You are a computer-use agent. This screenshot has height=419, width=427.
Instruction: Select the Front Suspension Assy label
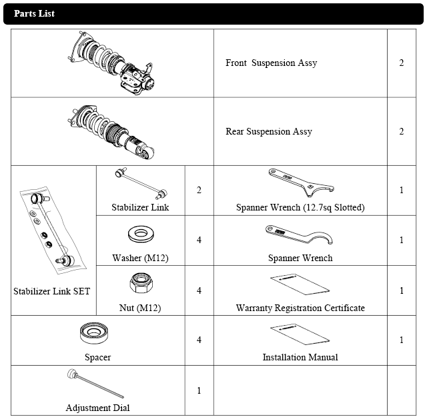271,63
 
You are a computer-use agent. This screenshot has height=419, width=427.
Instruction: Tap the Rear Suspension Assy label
268,132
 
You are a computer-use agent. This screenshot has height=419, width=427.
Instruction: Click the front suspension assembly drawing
116,64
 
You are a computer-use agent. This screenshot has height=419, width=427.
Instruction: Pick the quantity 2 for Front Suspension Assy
402,63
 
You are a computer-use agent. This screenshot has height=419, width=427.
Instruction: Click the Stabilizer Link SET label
52,291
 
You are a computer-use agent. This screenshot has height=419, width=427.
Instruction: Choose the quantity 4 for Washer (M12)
199,240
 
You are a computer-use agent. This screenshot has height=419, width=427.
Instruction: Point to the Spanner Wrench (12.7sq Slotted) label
300,207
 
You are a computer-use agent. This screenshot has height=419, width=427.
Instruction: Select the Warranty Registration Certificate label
300,308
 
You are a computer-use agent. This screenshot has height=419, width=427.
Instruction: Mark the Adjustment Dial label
97,408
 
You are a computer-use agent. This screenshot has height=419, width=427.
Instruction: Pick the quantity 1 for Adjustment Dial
199,390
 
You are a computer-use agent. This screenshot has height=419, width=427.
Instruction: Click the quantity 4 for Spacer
199,340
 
